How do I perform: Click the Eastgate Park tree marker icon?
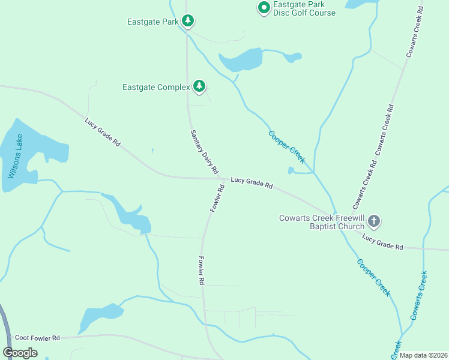188,22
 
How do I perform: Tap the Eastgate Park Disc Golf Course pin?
263,8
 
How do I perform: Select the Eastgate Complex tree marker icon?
199,87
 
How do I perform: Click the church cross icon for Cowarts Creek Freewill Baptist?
373,222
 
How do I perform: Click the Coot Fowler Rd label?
37,338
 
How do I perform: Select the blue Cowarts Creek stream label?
419,295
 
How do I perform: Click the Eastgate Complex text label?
156,87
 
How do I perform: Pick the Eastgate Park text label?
153,22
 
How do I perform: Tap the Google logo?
20,353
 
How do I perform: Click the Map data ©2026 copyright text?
423,356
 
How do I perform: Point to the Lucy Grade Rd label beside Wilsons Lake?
103,133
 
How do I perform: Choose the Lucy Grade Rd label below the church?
382,242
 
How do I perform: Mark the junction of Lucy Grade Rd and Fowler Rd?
223,178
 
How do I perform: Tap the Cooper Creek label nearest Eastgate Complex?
287,147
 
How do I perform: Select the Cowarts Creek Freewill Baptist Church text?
322,222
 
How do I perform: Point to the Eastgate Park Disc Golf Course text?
304,8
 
